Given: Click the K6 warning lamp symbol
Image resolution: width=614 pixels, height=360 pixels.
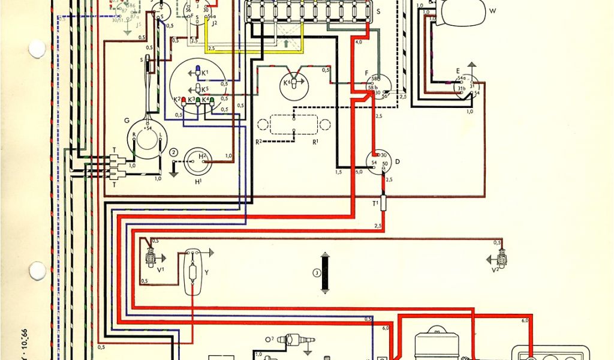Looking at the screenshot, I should (293, 83).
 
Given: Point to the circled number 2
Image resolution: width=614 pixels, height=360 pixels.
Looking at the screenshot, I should (174, 152).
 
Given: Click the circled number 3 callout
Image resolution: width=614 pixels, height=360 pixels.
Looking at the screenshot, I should (316, 274).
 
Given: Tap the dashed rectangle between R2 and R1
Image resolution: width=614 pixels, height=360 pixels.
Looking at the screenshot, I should (293, 124).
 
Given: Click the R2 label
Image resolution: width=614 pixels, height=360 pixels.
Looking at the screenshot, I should (258, 142).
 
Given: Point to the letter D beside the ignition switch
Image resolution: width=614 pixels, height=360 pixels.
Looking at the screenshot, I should (397, 161).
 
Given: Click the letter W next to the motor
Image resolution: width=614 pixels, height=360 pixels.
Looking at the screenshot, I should (492, 11).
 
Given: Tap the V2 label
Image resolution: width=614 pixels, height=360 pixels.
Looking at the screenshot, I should (495, 270).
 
